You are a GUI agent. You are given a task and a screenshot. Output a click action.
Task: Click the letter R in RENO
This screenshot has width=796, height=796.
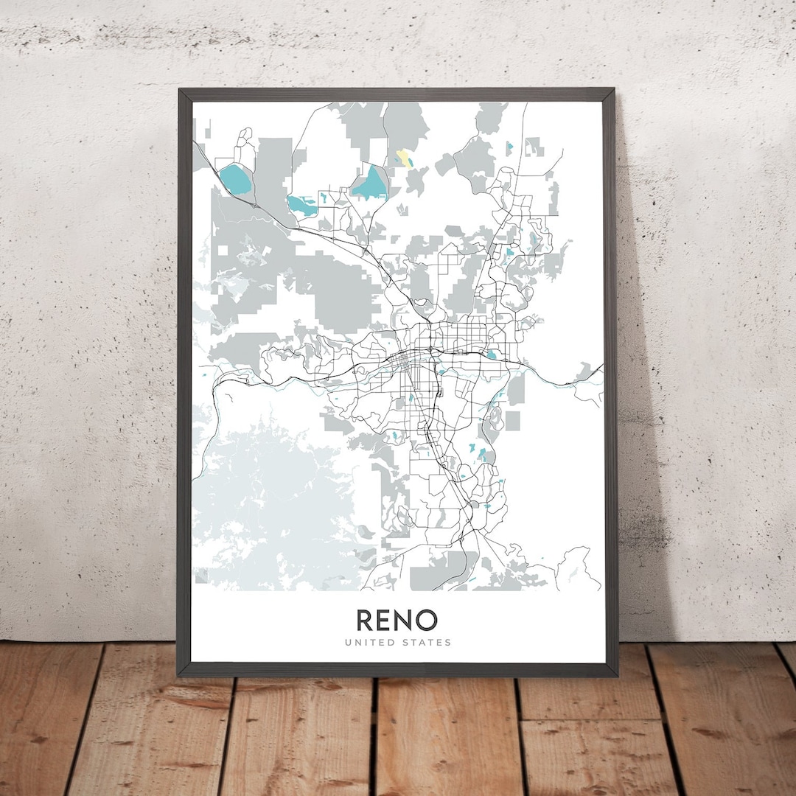366,620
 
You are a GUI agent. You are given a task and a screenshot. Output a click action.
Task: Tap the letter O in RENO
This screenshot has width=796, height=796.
425,620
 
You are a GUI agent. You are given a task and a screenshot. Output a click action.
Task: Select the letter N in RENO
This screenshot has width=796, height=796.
405,620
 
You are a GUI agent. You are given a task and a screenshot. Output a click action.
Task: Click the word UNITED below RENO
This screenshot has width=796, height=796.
370,643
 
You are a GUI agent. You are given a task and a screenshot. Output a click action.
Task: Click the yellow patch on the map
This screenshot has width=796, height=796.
405,158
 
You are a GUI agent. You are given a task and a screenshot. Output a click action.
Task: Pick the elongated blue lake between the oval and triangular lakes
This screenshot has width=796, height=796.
301,206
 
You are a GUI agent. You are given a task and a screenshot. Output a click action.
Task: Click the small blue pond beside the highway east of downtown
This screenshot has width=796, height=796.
491,355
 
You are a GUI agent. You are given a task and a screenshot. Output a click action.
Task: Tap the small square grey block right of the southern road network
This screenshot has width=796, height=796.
512,420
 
